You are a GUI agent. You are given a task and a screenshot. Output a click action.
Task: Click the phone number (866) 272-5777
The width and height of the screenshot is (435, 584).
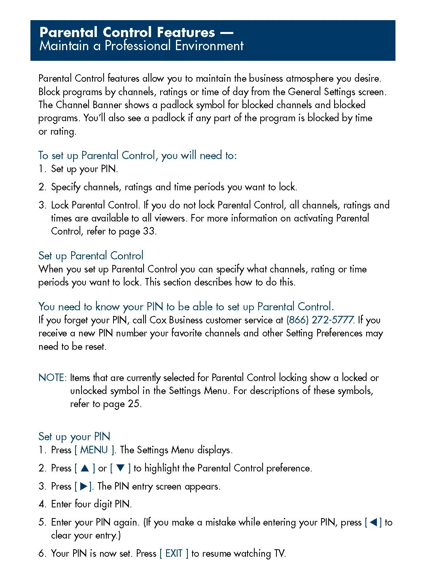tap(320, 320)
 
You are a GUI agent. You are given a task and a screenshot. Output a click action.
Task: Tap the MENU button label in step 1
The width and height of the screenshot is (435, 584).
tap(94, 450)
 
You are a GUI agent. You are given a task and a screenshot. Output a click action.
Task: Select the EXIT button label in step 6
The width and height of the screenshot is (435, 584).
tap(174, 554)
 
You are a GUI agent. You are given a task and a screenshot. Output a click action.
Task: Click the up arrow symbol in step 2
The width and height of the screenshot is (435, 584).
tap(85, 468)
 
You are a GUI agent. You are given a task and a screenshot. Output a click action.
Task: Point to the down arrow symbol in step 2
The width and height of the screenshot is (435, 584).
tap(120, 468)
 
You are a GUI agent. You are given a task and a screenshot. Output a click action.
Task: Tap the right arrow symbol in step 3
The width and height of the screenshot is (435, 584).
tap(84, 486)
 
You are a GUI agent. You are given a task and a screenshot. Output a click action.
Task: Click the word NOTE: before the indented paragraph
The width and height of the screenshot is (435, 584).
tap(53, 377)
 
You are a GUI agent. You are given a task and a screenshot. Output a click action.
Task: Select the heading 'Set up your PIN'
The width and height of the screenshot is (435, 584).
tap(74, 437)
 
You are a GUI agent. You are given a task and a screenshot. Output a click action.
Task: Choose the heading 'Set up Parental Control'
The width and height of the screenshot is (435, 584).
tap(91, 256)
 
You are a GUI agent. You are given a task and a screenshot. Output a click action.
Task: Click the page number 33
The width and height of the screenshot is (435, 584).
tap(149, 231)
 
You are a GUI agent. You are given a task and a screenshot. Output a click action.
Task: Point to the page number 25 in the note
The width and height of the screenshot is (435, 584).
tap(134, 404)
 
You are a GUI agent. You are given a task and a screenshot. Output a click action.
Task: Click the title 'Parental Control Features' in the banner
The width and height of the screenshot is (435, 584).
tap(127, 32)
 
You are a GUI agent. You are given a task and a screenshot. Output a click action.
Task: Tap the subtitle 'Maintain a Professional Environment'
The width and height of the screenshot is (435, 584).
tap(142, 46)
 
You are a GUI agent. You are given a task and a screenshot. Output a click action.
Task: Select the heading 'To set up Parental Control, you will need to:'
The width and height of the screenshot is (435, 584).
tap(137, 156)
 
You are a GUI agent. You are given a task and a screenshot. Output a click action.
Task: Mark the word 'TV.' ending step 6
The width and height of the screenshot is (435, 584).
tap(280, 554)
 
